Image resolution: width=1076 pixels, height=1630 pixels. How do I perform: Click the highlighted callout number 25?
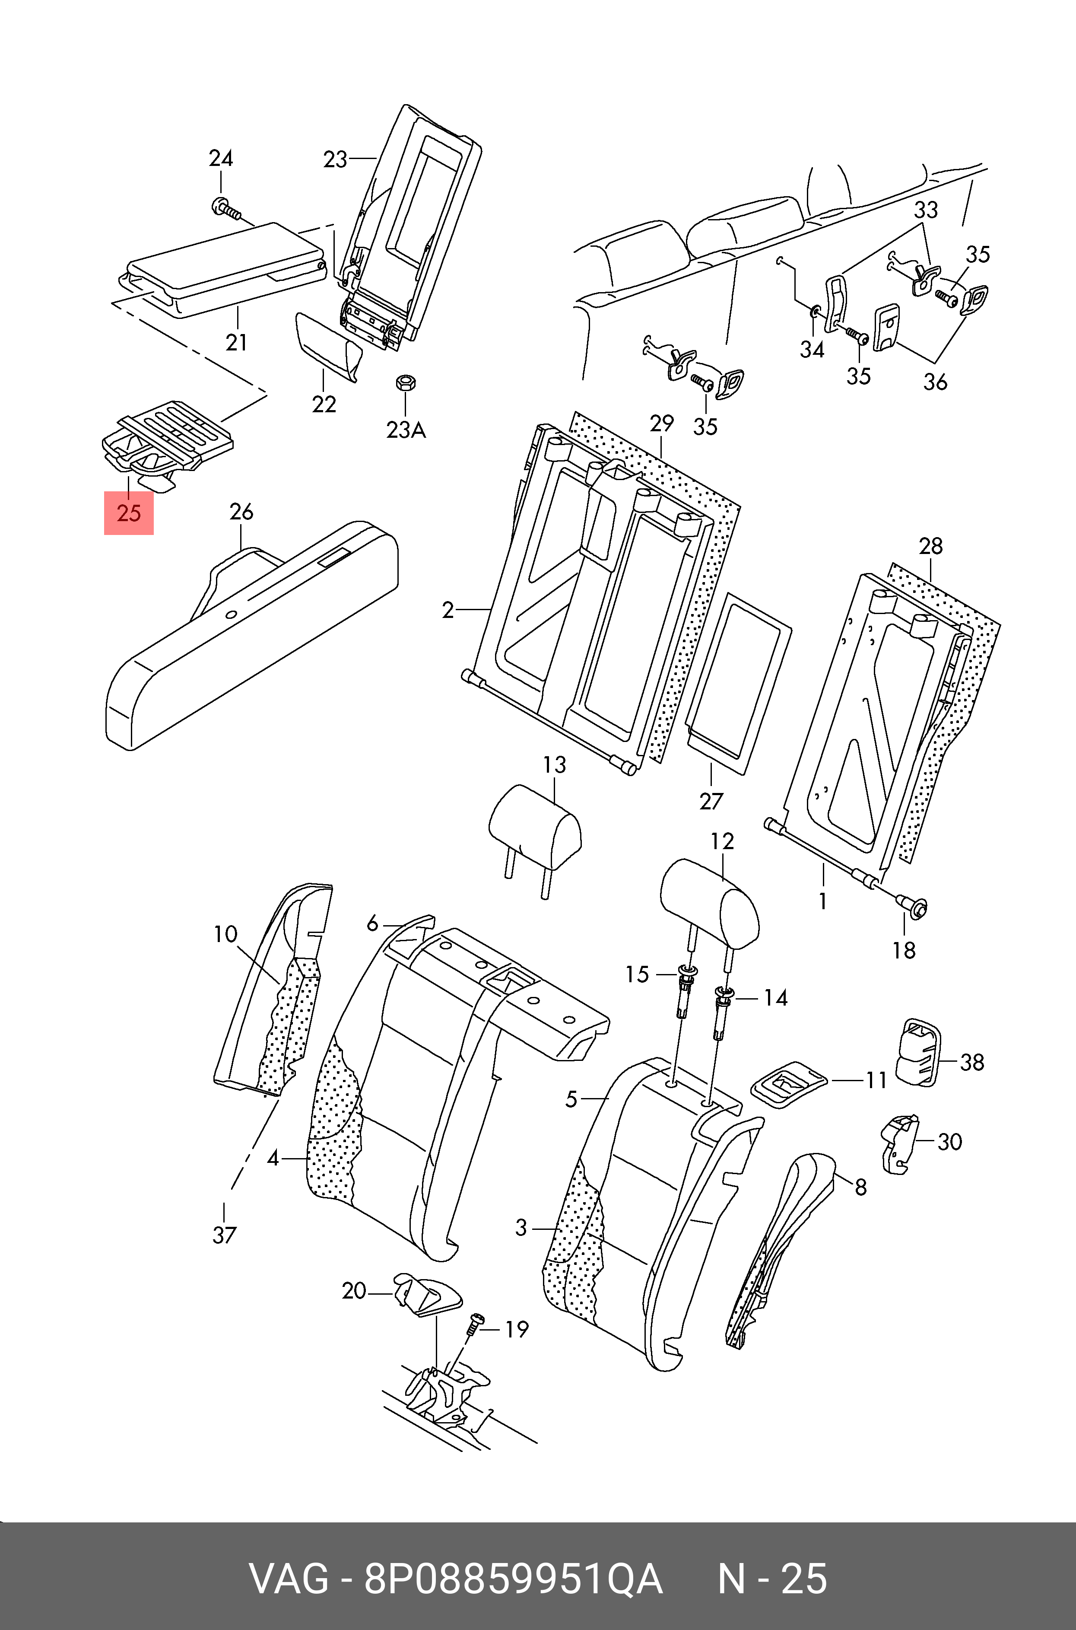tap(128, 513)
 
